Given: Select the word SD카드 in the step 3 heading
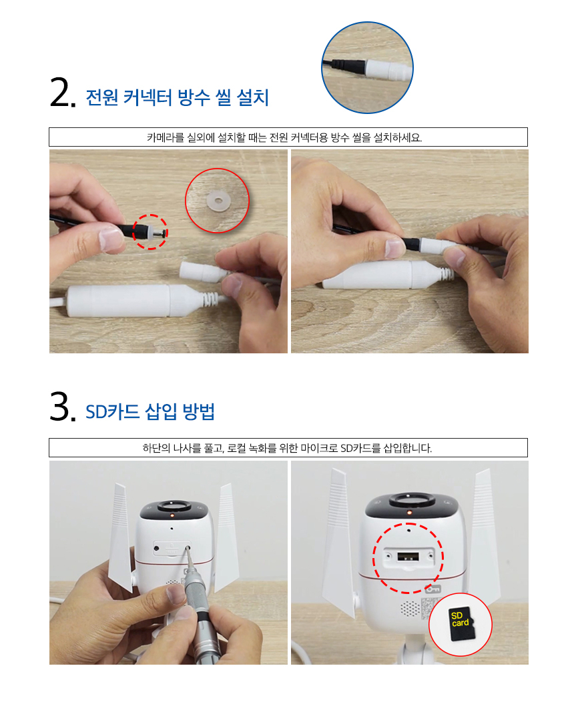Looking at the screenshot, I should (113, 412).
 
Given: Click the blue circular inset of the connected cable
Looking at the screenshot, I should (367, 67).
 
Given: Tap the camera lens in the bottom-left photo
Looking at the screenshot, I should (173, 505).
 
